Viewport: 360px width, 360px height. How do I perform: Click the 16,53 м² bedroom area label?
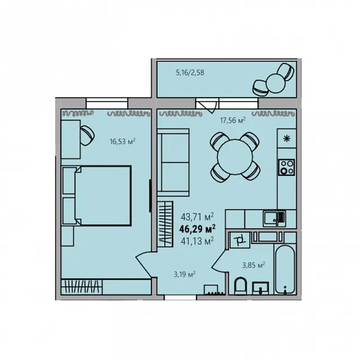click(x=122, y=141)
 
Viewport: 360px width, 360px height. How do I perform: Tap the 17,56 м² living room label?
click(x=233, y=120)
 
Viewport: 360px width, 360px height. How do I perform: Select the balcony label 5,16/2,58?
click(x=190, y=73)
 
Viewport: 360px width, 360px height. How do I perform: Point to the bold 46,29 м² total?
click(x=197, y=229)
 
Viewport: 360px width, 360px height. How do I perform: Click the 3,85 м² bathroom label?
click(x=254, y=265)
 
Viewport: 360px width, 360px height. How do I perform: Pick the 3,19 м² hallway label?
click(x=185, y=274)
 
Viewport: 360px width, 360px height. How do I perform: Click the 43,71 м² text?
click(x=197, y=216)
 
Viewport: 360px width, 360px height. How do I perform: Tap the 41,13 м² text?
click(x=197, y=241)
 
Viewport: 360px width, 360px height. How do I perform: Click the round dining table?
click(x=235, y=157)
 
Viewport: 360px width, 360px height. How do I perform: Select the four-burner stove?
click(x=287, y=168)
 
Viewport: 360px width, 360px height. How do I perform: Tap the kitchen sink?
click(x=274, y=218)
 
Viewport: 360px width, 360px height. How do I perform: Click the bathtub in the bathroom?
click(x=285, y=269)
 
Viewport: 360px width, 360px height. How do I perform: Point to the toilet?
click(x=240, y=286)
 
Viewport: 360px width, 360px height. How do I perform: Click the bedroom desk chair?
click(x=87, y=135)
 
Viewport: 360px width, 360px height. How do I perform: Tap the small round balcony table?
click(x=276, y=83)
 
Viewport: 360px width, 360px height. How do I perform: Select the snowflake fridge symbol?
click(x=287, y=138)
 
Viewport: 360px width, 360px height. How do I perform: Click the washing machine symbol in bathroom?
click(x=240, y=240)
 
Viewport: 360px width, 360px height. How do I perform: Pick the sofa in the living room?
click(x=173, y=163)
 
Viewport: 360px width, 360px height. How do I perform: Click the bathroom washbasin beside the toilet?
click(x=261, y=288)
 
